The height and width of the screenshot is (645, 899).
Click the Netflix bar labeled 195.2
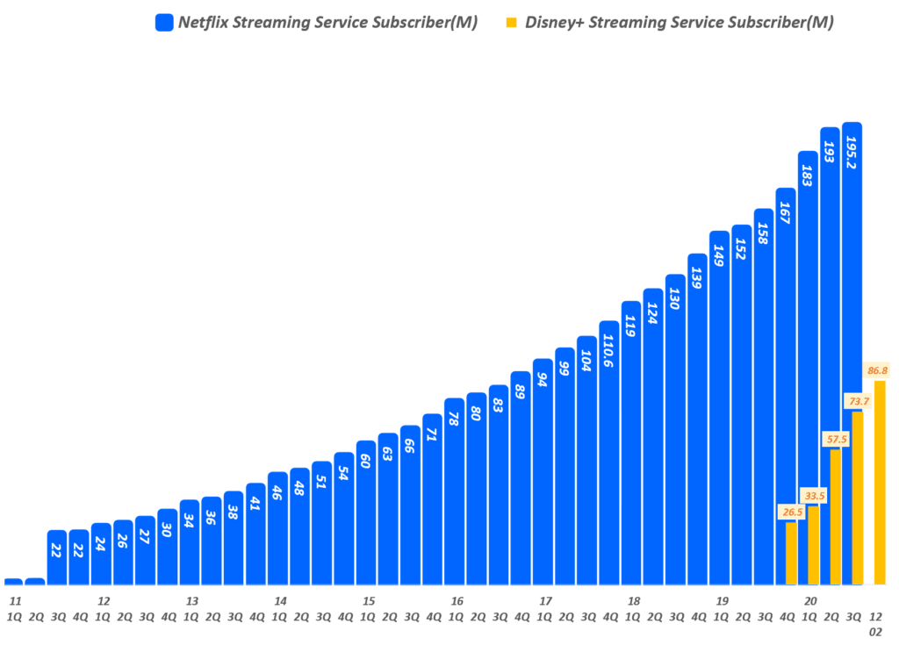852,351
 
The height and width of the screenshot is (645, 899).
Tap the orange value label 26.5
791,512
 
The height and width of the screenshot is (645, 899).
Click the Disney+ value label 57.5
835,438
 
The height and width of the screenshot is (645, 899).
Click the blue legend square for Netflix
164,23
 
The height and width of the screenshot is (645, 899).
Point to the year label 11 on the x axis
15,601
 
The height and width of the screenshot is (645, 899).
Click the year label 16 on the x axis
457,601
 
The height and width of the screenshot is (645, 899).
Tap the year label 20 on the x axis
810,601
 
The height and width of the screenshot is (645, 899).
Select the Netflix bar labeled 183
808,369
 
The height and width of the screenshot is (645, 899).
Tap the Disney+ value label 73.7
858,401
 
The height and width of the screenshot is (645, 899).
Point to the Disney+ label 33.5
814,496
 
